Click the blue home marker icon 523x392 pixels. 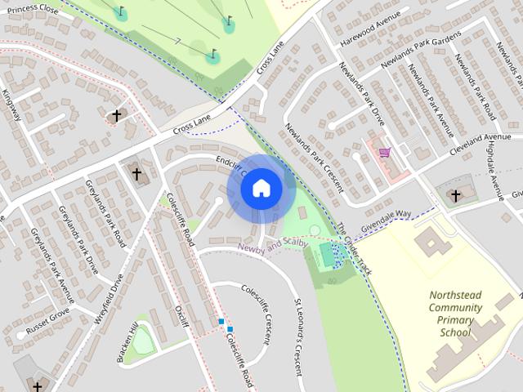[261, 189]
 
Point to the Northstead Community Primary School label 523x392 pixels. [455, 314]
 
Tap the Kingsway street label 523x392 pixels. [11, 106]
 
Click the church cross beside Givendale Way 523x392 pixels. [455, 196]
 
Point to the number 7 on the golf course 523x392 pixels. [178, 40]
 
